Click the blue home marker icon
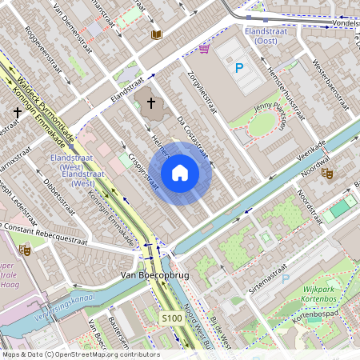180,172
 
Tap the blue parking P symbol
238,69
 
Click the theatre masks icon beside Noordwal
327,172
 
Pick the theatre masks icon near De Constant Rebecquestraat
25,250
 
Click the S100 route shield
171,318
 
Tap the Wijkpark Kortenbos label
329,297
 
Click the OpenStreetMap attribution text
80,354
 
